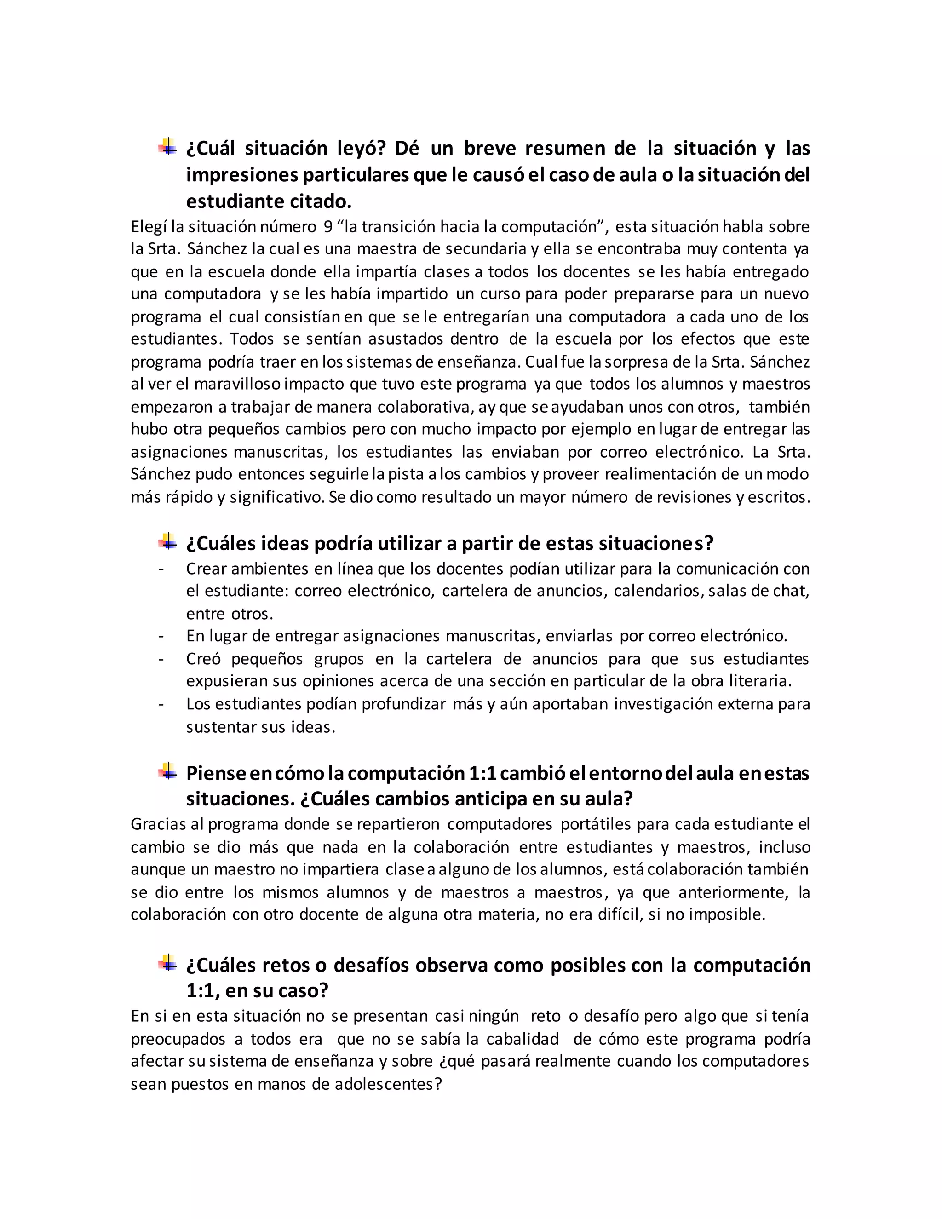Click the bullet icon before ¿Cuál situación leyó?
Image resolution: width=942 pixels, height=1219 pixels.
(167, 147)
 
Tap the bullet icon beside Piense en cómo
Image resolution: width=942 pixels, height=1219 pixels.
(167, 771)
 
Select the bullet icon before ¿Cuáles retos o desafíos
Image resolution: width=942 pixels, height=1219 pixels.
(167, 963)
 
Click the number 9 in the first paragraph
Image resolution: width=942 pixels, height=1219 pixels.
(328, 227)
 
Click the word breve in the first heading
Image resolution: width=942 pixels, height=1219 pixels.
(490, 149)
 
